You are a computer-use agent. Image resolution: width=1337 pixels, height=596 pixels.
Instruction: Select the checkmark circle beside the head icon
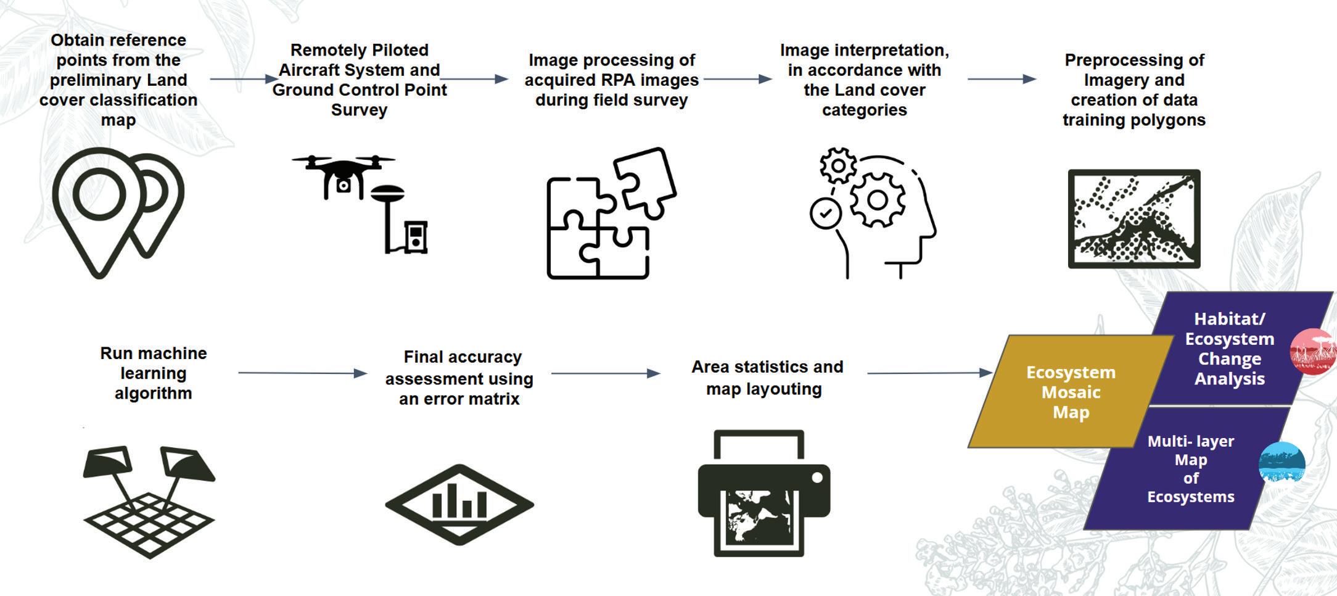pyautogui.click(x=825, y=213)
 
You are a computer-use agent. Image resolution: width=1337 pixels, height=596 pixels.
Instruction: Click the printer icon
pyautogui.click(x=763, y=494)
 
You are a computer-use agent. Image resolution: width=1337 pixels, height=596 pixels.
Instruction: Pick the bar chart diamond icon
pyautogui.click(x=459, y=504)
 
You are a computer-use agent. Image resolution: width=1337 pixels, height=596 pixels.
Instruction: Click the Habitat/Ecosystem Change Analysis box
pyautogui.click(x=1228, y=349)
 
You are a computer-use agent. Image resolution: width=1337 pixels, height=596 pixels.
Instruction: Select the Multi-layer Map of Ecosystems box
pyautogui.click(x=1190, y=469)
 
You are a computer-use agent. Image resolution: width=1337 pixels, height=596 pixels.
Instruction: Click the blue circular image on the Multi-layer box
pyautogui.click(x=1281, y=462)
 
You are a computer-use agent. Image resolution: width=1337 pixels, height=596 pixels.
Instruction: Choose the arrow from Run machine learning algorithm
pyautogui.click(x=302, y=373)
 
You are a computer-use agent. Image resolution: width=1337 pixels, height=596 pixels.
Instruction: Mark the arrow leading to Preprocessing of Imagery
pyautogui.click(x=1002, y=79)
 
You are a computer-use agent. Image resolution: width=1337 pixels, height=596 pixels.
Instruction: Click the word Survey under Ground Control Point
pyautogui.click(x=359, y=110)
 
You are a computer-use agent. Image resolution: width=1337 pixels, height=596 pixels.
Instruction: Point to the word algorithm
pyautogui.click(x=153, y=393)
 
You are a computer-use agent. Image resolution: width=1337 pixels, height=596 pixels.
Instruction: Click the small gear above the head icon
pyautogui.click(x=838, y=165)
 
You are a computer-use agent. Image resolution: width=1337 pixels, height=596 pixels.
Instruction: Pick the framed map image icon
pyautogui.click(x=1134, y=219)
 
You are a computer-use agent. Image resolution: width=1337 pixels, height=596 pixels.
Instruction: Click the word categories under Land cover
pyautogui.click(x=864, y=110)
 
